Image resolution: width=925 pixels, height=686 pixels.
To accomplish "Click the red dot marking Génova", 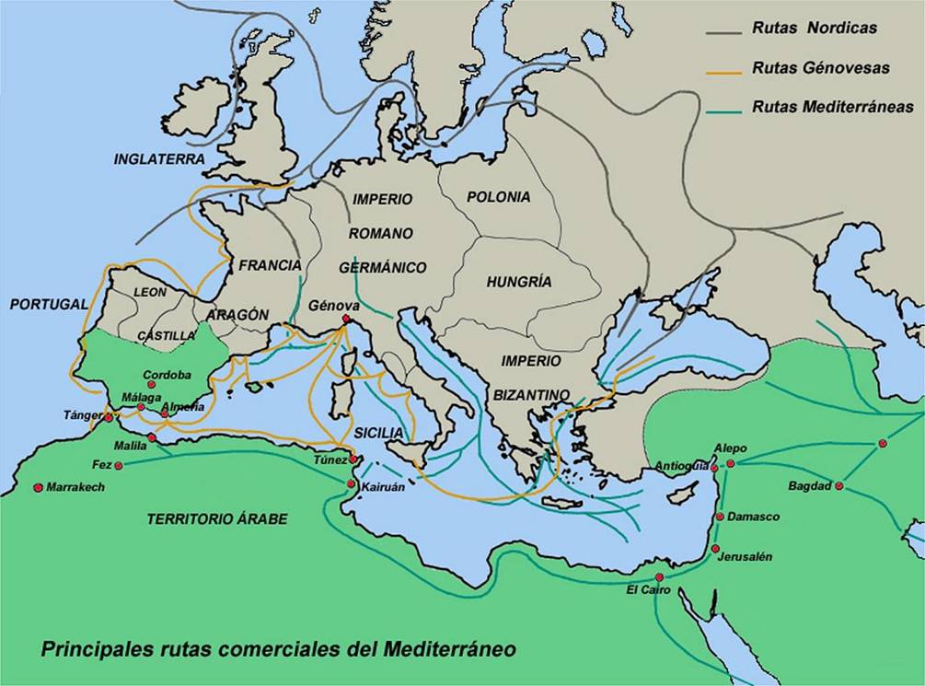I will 346,319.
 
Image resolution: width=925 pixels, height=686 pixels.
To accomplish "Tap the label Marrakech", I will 75,487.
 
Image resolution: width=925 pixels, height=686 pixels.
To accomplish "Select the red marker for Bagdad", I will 838,485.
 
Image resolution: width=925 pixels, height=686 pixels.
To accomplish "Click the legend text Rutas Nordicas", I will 815,29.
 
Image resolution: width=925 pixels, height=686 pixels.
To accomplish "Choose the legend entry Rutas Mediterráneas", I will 832,107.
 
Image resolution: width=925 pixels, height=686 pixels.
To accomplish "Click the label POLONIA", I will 498,197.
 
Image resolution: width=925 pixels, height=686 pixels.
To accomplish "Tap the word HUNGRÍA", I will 519,282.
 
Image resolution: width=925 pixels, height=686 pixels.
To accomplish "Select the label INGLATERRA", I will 159,159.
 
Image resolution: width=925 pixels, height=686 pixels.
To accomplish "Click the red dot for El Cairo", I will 659,576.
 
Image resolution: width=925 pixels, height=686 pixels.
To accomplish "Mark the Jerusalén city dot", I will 715,549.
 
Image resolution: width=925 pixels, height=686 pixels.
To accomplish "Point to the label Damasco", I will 753,517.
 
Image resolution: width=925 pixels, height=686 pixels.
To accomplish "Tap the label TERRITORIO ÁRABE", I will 217,519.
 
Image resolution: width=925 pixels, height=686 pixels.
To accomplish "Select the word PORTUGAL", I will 49,304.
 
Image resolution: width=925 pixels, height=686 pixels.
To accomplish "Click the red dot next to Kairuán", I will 351,483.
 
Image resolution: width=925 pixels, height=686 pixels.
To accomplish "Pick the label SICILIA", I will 377,433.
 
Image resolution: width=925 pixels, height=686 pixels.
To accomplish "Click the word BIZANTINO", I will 531,394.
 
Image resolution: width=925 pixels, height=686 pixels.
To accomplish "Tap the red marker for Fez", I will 121,464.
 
